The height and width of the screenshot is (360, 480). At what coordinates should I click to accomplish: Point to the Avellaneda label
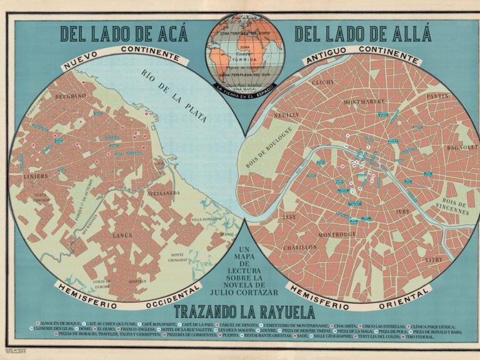pos(164,194)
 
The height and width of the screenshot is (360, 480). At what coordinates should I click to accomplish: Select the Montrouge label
pos(337,235)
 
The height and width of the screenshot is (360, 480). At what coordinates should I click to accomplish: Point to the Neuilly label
pos(286,115)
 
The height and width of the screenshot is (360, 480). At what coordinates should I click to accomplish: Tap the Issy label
pos(289,217)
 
